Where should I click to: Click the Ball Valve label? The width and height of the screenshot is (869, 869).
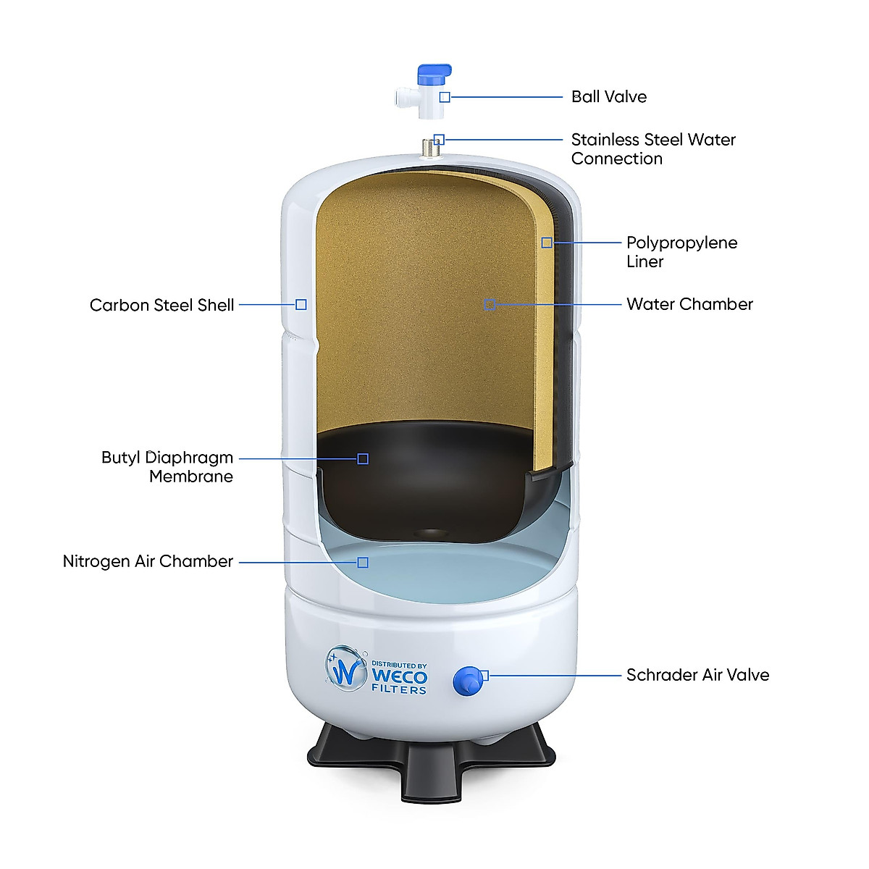click(x=608, y=97)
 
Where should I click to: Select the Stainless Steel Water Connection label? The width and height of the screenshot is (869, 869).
click(x=652, y=149)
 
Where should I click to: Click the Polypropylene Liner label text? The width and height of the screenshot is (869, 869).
click(x=681, y=252)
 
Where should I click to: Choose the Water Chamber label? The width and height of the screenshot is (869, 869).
click(x=689, y=304)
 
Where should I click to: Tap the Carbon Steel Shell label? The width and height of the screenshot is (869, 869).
click(x=161, y=306)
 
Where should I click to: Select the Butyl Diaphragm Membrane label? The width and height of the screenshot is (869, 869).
click(x=167, y=467)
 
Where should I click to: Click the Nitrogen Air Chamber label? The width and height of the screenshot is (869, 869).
click(x=148, y=562)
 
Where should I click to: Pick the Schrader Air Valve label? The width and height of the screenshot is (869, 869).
click(x=697, y=675)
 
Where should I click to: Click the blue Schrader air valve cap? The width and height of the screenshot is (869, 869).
click(x=466, y=681)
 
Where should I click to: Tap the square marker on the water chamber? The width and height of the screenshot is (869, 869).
click(x=490, y=305)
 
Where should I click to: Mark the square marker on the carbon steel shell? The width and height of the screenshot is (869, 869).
click(x=301, y=305)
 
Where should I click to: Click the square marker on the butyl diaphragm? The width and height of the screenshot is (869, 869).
click(x=363, y=458)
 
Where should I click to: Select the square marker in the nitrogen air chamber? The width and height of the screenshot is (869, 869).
click(x=363, y=563)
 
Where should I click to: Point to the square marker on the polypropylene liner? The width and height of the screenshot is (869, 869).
click(x=547, y=243)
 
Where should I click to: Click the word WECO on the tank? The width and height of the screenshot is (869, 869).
click(x=399, y=676)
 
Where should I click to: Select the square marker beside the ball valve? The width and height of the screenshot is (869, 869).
click(x=445, y=97)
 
